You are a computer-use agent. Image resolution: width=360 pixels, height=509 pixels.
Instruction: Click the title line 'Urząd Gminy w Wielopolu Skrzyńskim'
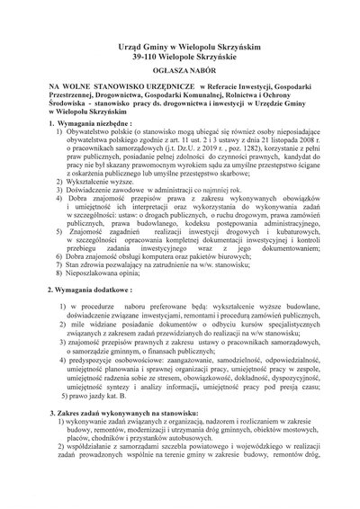click(x=179, y=43)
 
